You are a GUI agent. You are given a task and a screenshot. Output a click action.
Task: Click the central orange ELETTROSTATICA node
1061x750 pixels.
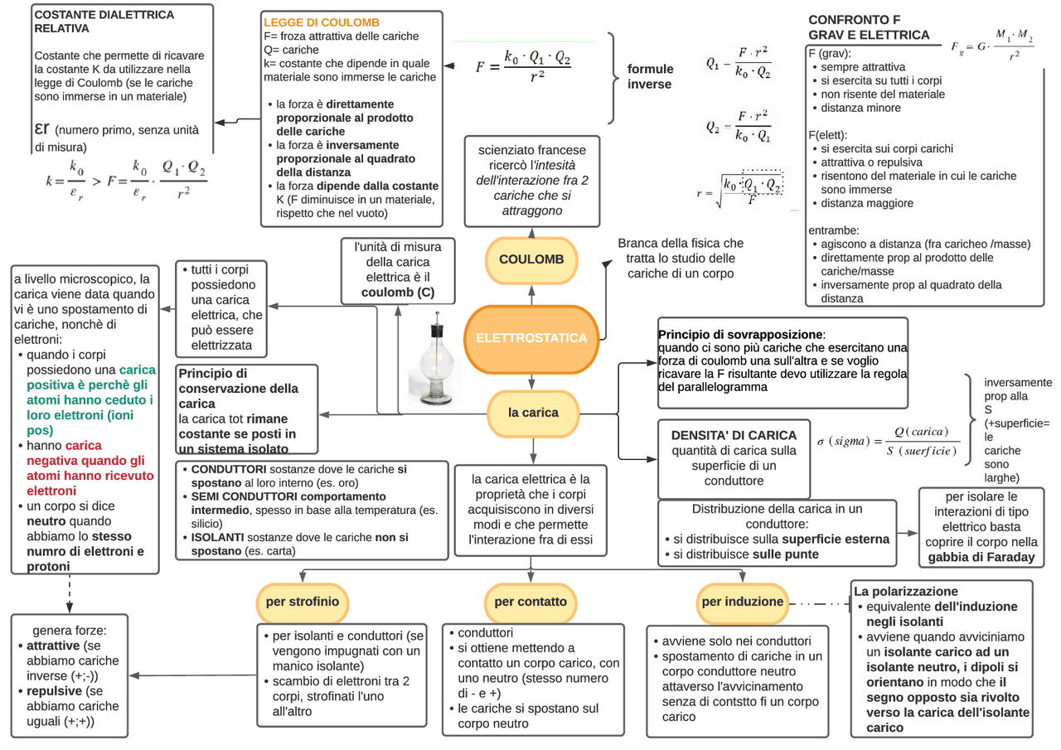point(531,338)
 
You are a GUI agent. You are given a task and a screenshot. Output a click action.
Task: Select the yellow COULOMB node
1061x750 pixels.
point(531,259)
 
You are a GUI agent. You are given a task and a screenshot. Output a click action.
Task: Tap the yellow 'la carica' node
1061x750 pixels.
point(533,412)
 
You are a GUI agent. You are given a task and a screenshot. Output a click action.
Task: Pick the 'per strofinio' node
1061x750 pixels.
point(303,602)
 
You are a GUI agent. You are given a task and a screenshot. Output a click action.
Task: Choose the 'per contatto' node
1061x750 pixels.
point(530,602)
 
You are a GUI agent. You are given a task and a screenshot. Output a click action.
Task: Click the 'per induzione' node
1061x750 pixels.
point(742,602)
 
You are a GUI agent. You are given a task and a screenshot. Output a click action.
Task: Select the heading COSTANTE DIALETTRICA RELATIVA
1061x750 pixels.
point(104,21)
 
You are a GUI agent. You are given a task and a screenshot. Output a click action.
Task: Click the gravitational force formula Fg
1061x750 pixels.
point(993,49)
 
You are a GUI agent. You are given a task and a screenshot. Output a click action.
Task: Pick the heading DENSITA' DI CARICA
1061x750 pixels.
point(734,435)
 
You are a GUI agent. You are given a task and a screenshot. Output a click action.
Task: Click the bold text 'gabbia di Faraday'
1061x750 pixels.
point(982,557)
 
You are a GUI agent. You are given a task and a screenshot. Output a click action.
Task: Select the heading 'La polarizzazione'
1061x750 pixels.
point(905,592)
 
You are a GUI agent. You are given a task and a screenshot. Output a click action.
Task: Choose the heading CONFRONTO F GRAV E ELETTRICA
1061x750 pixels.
point(869,27)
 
